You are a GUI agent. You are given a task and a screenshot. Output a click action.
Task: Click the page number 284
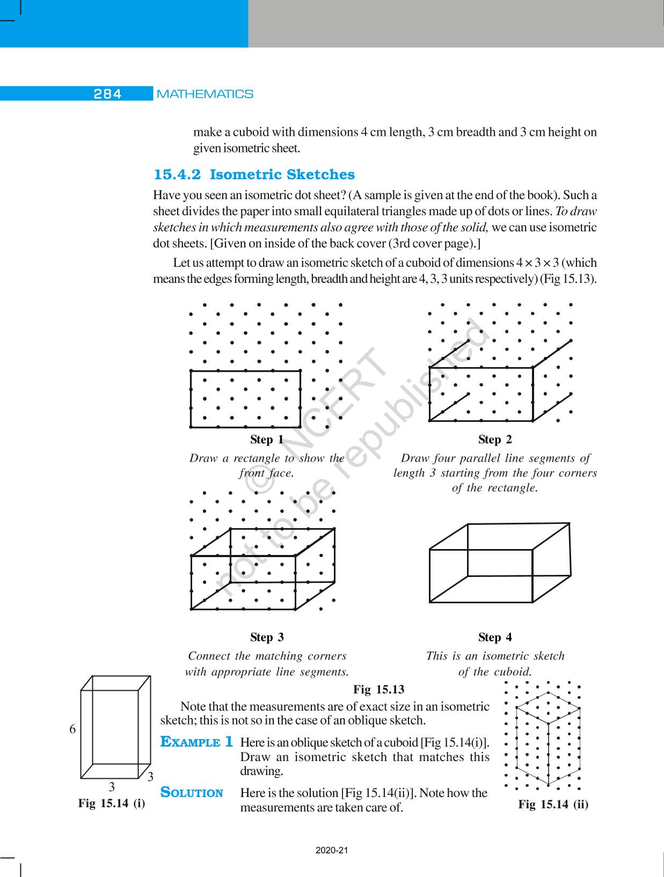coord(107,94)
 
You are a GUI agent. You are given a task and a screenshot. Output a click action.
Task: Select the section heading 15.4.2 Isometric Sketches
coord(254,174)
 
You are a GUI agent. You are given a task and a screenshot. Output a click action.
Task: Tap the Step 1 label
coord(267,440)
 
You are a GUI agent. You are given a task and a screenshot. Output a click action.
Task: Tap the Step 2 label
coord(495,440)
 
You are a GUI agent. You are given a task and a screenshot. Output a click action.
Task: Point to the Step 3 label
coord(267,637)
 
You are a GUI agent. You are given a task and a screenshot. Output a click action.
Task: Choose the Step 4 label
coord(495,637)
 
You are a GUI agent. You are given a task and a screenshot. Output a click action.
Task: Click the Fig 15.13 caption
coord(378,689)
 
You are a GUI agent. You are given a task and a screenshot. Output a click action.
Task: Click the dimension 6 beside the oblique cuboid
coord(72,729)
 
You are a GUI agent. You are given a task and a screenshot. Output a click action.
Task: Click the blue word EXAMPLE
coord(191,742)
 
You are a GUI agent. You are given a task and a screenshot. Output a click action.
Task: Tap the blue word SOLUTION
coord(192,793)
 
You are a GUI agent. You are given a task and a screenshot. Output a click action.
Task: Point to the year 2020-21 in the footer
coord(332,850)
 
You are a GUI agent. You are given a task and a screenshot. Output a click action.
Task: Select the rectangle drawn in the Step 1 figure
coord(245,399)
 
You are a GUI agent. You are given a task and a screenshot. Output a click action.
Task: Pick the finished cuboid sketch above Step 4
coord(500,562)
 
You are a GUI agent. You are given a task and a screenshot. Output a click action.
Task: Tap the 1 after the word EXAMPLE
coord(229,742)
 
